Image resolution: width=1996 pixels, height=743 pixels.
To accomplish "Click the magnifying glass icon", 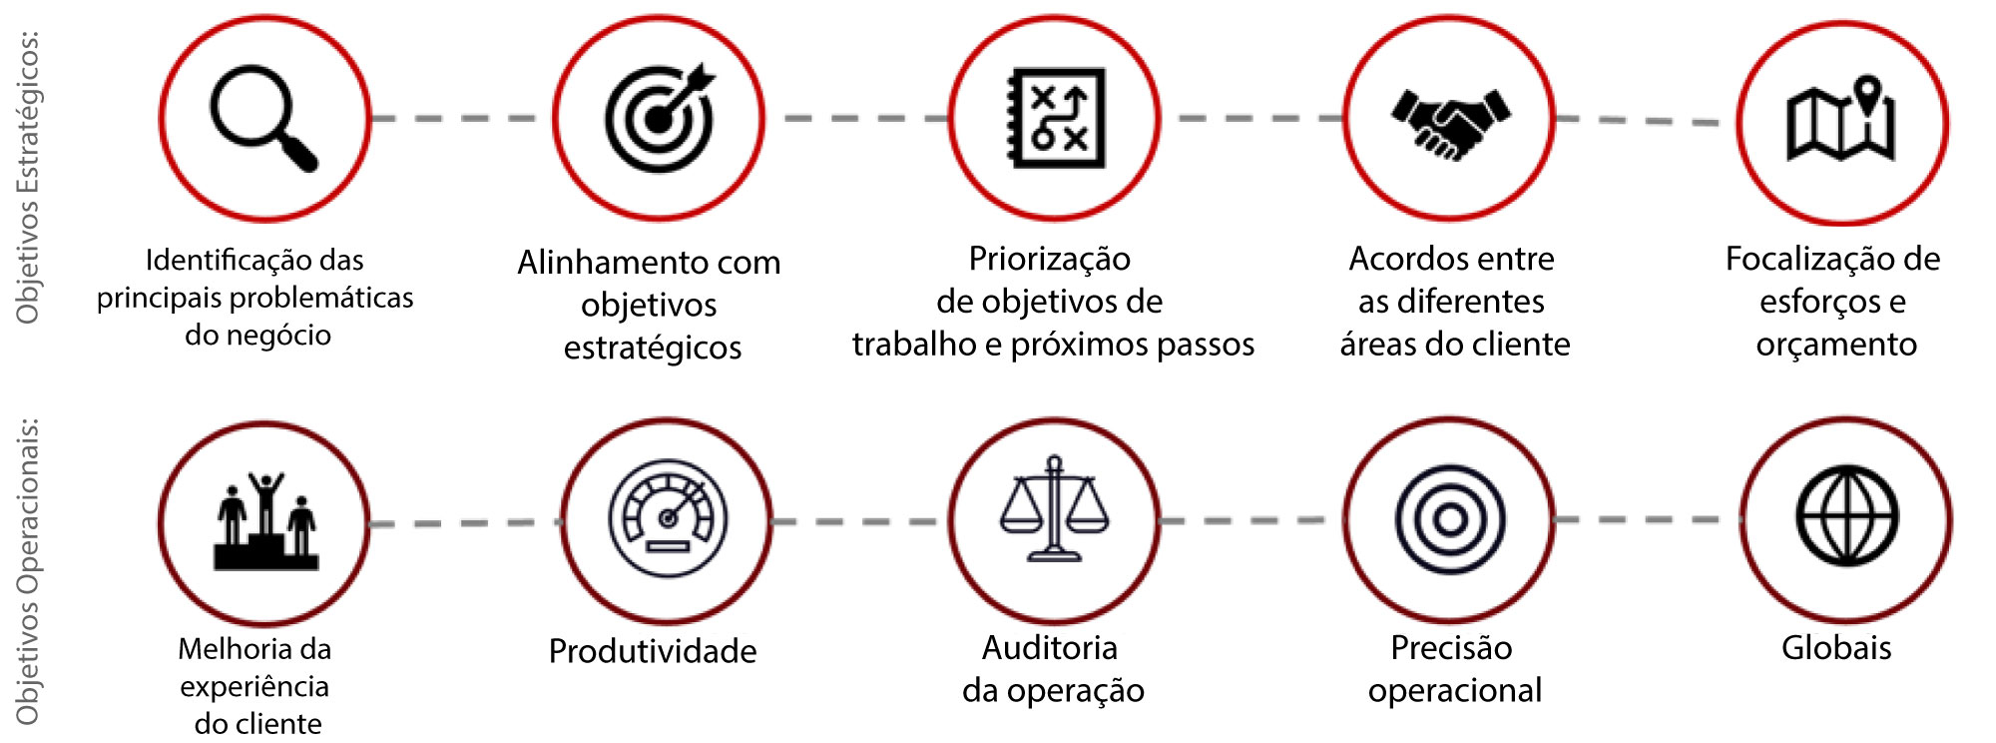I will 262,118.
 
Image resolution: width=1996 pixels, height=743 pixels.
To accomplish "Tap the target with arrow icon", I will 660,118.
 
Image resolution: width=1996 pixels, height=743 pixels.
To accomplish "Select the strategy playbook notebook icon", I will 1056,118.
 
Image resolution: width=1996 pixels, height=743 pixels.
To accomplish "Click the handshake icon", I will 1450,121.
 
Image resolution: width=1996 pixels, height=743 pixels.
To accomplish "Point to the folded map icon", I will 1841,122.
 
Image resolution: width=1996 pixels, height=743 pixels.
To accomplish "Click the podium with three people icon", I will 265,521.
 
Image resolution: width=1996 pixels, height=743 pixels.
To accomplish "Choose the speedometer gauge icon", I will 668,518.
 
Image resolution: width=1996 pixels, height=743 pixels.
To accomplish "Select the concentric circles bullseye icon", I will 1449,519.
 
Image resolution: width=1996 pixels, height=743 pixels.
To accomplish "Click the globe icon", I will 1847,516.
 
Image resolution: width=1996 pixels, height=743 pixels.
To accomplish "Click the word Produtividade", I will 653,651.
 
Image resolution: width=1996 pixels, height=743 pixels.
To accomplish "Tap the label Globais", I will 1836,648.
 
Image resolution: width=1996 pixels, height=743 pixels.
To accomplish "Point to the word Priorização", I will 1050,259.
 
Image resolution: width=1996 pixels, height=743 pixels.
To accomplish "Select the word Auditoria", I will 1050,648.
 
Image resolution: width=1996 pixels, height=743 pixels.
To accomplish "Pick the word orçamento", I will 1836,345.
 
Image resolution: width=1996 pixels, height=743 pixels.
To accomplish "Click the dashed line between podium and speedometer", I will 465,522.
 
